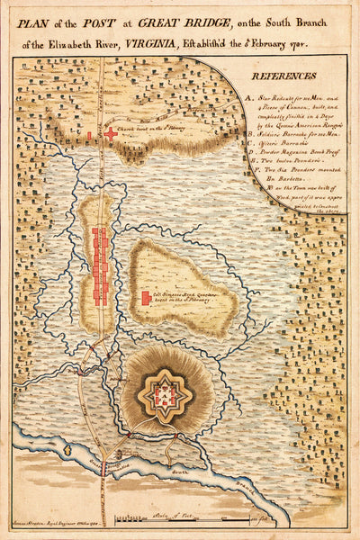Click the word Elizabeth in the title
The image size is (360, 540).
pyautogui.click(x=73, y=40)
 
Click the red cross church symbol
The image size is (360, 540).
pyautogui.click(x=111, y=134)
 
